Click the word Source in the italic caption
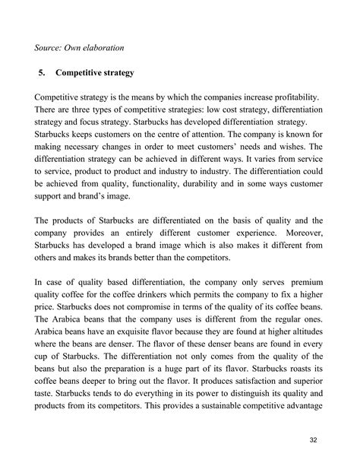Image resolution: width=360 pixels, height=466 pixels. point(51,48)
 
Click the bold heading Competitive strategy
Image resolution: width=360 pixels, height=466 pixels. point(95,73)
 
